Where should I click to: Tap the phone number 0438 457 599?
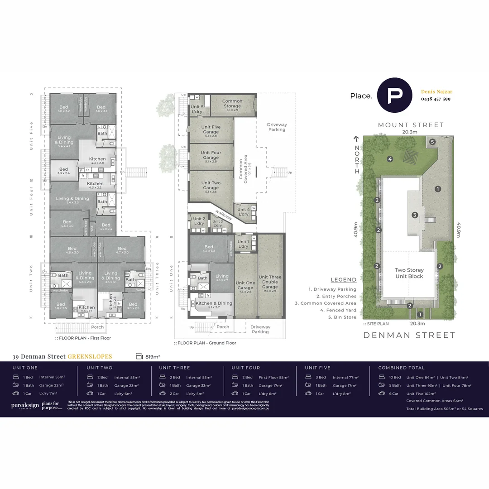coord(436,99)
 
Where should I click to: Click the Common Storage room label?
coord(232,104)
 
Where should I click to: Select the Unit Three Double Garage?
coord(270,282)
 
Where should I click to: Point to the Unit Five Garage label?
coord(211,130)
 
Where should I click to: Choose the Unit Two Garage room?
coord(211,186)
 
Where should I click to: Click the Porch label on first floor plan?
coord(97,327)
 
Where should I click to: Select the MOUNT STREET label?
coord(411,125)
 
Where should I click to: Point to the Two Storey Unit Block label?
coord(409,273)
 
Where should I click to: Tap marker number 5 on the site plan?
coord(432,142)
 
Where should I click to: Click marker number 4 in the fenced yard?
coord(390,159)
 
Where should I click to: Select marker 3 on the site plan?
coord(415,215)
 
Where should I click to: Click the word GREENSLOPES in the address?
coord(90,357)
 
